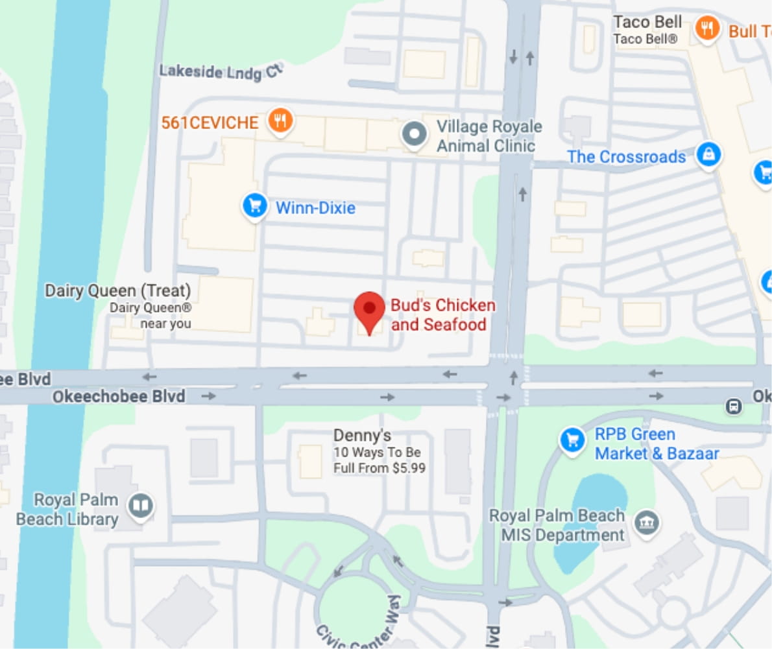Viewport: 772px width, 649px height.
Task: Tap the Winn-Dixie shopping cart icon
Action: click(x=255, y=206)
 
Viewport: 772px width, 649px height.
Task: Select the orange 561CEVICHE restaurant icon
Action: click(x=280, y=121)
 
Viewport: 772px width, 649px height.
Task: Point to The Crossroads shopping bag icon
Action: click(x=708, y=156)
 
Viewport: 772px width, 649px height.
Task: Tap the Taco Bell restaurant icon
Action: click(x=707, y=29)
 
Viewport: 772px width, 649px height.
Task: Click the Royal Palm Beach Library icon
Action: click(x=141, y=506)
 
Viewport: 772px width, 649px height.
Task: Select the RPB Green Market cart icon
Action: click(x=572, y=441)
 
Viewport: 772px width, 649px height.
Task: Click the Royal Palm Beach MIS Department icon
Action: click(x=646, y=522)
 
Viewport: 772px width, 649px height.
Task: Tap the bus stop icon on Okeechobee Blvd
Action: click(x=734, y=407)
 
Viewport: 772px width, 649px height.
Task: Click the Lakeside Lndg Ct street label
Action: click(x=221, y=72)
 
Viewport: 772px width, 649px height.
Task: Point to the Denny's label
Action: click(x=362, y=435)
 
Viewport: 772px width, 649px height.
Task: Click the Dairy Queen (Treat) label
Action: click(x=117, y=290)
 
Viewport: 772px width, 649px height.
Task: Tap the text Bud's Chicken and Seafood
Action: click(x=442, y=314)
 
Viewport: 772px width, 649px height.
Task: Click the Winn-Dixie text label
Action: click(x=315, y=207)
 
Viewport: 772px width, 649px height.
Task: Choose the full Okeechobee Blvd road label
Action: click(x=118, y=395)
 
